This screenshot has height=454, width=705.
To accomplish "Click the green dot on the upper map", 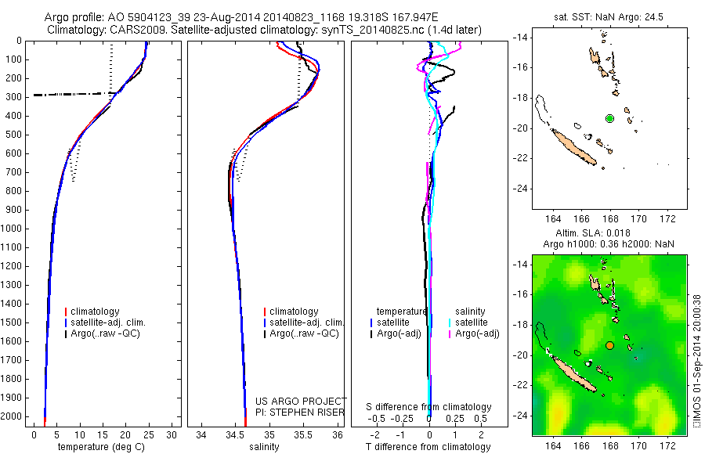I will [x=609, y=118].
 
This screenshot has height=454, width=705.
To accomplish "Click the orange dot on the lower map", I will [x=609, y=345].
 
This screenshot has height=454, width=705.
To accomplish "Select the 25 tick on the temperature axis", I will [x=149, y=434].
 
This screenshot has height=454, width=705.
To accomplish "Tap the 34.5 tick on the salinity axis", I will [x=235, y=434].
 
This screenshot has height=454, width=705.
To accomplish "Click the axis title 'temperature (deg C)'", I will [x=100, y=447].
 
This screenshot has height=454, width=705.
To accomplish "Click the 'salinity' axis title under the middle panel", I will [x=269, y=447].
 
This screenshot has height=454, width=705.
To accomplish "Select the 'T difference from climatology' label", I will [x=428, y=447].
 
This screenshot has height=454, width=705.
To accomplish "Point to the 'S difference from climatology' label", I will [x=428, y=407].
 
